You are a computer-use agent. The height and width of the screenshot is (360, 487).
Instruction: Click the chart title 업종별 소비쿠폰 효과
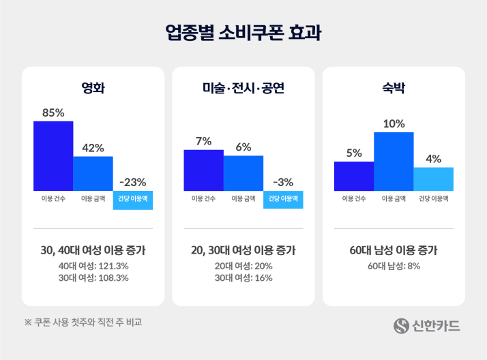coord(243,32)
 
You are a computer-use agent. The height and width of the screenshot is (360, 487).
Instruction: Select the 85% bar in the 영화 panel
coord(53,155)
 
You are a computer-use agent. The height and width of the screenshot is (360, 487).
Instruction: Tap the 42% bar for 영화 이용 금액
coord(93,173)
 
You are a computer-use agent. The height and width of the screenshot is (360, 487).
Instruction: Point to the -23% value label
coord(132,182)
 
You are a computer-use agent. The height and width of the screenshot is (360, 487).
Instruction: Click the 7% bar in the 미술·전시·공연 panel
coord(203,170)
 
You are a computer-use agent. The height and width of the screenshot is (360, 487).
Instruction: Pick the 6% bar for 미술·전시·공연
coord(243,173)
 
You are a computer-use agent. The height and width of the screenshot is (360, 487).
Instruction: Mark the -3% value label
coord(282,182)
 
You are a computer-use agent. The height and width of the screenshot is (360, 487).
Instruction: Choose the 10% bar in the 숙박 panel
coord(394,161)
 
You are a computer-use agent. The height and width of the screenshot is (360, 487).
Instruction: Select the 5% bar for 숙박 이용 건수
coord(353,176)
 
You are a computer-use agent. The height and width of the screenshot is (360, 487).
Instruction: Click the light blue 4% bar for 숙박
coord(433,179)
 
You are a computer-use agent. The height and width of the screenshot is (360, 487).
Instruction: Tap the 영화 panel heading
coord(93,88)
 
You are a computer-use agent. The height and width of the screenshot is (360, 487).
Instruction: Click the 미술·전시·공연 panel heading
coord(243,88)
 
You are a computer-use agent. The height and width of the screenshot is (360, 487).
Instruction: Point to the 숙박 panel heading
coord(394,88)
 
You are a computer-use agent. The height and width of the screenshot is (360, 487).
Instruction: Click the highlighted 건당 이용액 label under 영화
coord(133,199)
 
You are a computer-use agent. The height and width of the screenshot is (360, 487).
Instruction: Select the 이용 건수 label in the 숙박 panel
coord(353,199)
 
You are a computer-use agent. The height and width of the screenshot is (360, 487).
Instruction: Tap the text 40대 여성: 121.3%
coord(93,265)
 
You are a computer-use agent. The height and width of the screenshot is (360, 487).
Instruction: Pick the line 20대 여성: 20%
coord(243,265)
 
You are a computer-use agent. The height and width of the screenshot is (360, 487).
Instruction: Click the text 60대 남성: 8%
coord(394,265)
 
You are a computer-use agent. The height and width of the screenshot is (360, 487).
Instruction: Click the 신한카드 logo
coord(426,326)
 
